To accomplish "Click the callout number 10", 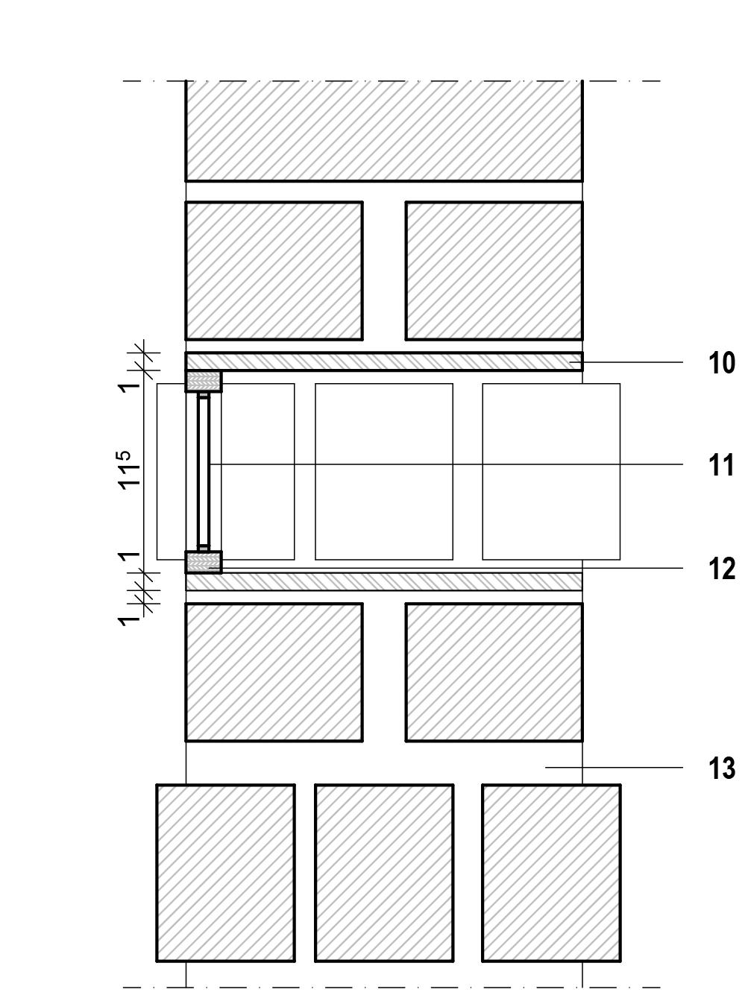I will [721, 363].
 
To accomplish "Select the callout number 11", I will [721, 465].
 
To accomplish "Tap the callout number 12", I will [721, 569].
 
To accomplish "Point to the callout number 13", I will [721, 768].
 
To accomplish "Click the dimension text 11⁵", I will [130, 470].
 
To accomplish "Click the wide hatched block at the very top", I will [383, 130].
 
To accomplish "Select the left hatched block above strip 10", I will [274, 270].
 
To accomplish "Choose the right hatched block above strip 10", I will [494, 270].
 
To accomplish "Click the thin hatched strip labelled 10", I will [383, 361].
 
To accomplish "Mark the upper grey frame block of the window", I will [204, 382].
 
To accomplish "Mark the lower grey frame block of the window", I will [204, 562].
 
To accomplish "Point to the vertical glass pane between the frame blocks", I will [204, 472].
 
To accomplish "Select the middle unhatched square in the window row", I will [383, 472].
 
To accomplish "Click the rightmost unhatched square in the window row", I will [551, 472].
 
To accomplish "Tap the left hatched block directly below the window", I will [274, 672].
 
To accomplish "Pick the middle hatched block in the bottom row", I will [383, 872].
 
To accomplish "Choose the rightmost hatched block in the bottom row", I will [551, 872].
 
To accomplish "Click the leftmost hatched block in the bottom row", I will [225, 872].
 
